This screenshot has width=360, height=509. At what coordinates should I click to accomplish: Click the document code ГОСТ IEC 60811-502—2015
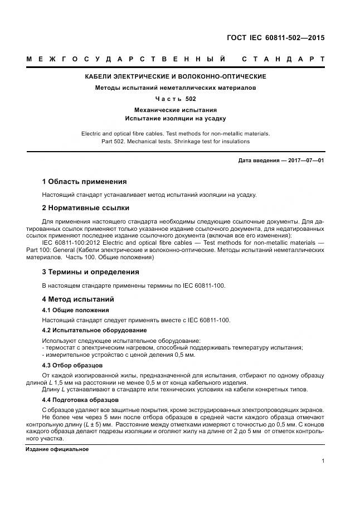point(275,38)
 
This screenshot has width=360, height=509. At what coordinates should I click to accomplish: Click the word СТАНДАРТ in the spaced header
point(284,59)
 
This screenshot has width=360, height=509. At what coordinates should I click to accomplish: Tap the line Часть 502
point(175,99)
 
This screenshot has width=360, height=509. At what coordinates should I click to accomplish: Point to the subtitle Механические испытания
point(175,110)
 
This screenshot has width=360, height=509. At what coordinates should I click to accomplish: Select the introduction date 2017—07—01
point(306,161)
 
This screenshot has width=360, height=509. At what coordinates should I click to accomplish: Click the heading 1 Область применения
point(84,182)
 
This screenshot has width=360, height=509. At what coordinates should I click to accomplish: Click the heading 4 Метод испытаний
point(78,299)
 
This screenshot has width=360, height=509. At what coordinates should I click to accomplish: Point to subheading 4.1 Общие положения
point(75,310)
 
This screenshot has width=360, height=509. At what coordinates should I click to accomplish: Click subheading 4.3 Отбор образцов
point(72,365)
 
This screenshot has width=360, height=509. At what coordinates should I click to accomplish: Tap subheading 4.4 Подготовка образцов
point(80,400)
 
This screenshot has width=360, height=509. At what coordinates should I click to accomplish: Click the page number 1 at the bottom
point(323,460)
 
